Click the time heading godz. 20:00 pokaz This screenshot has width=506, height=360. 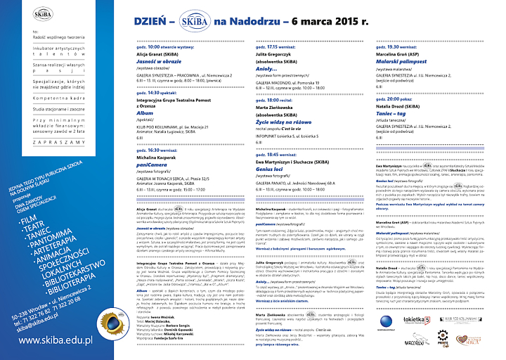click(x=397, y=100)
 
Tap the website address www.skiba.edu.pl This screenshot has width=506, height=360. click(x=56, y=340)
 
